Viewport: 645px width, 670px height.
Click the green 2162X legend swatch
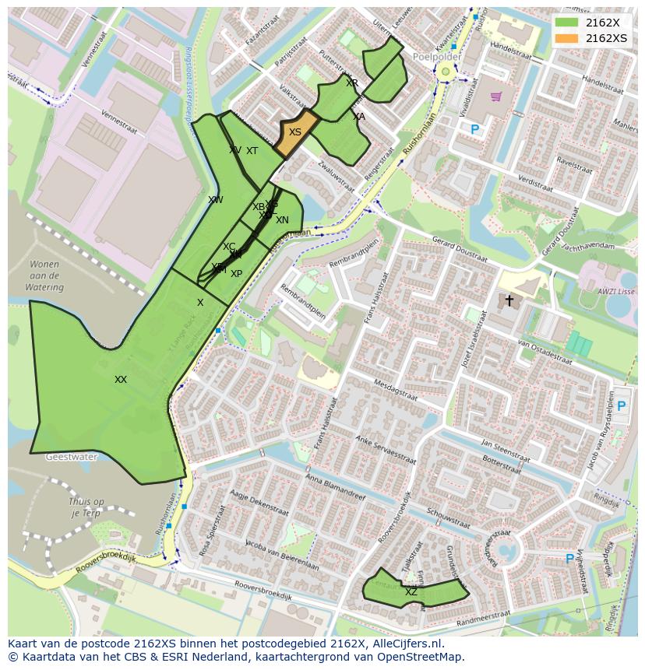click(x=567, y=23)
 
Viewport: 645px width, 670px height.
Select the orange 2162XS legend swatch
click(x=567, y=38)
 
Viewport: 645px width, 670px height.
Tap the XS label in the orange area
click(x=295, y=133)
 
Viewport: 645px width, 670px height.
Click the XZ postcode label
click(x=411, y=592)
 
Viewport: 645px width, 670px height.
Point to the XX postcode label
click(x=121, y=380)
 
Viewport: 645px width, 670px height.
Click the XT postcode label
click(x=252, y=151)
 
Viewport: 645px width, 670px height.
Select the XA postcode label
click(x=358, y=117)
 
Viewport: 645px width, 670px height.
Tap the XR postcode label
click(x=352, y=83)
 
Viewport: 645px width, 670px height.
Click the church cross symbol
click(x=509, y=300)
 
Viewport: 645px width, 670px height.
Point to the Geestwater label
click(x=71, y=458)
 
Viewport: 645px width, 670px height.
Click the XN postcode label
click(x=282, y=221)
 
